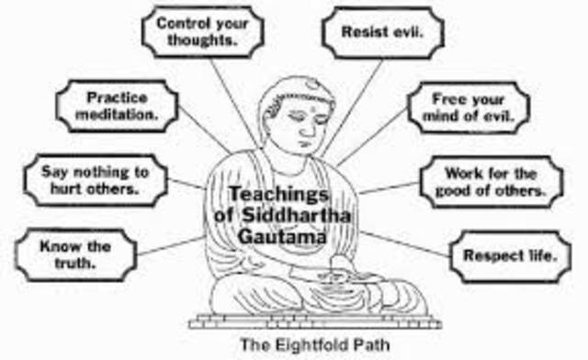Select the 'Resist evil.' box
tap(381, 31)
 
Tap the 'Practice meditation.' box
tap(117, 106)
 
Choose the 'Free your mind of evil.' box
tap(469, 107)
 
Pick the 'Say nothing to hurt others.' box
tap(89, 179)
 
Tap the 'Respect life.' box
tap(503, 254)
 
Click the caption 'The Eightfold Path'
tap(303, 346)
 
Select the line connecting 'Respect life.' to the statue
tap(418, 241)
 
